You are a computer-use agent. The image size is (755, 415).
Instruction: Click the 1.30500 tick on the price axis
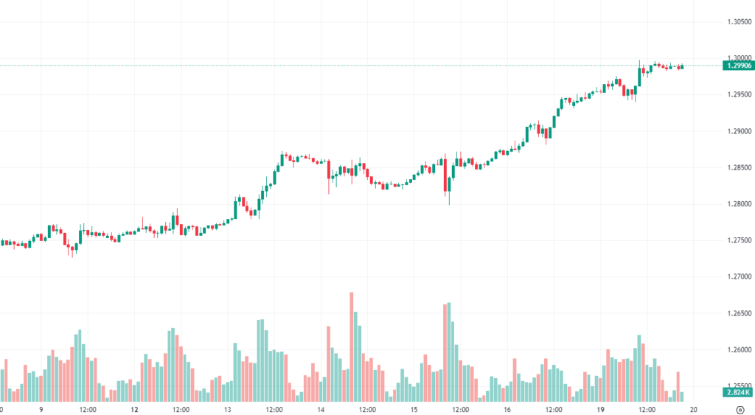737,22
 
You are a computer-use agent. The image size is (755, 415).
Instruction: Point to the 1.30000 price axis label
737,58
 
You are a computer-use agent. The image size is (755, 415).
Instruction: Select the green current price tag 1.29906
738,66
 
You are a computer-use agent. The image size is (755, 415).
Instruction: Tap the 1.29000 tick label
737,131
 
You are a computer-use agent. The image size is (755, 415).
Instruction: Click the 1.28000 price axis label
737,204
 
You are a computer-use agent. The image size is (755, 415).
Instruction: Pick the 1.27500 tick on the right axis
737,240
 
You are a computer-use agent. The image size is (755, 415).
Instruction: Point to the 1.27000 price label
737,277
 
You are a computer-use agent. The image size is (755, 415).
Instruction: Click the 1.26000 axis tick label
737,350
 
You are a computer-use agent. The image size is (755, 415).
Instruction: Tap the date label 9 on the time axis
41,409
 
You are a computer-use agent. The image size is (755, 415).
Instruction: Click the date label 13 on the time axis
228,409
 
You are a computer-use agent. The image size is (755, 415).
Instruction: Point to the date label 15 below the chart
414,409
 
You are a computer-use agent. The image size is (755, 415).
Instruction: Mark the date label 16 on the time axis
508,409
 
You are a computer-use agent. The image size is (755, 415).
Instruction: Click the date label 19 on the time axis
601,409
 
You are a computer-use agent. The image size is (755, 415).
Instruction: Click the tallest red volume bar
352,346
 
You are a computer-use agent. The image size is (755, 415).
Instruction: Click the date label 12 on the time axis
134,409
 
